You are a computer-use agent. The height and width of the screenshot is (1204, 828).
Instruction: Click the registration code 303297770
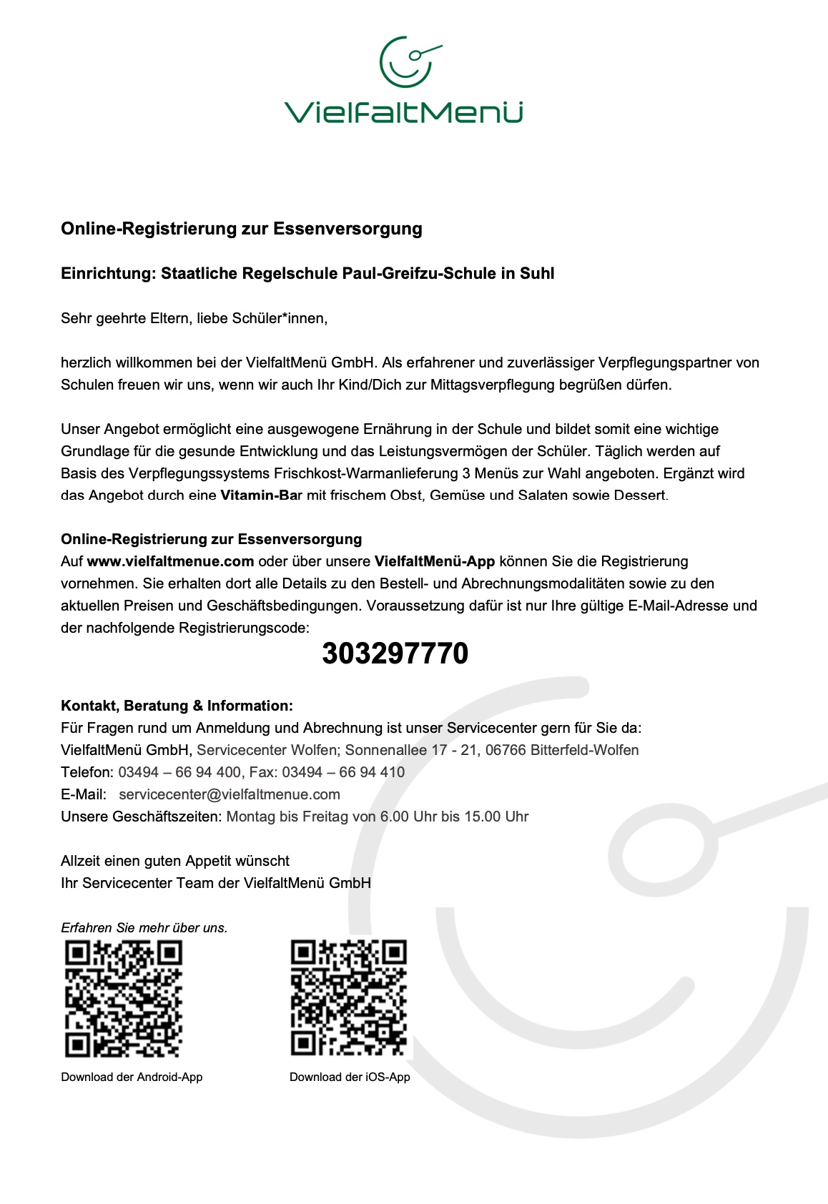395,653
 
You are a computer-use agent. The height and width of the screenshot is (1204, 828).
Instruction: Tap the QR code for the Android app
124,999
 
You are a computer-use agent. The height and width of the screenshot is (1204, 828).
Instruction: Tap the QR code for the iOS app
349,999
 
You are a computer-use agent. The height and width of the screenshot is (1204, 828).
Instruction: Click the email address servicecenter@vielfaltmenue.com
230,794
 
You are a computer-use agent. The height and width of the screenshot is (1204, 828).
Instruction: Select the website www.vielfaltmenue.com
170,561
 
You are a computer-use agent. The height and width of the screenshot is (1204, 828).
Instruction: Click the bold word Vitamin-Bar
262,495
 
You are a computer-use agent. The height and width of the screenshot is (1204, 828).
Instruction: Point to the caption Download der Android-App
132,1077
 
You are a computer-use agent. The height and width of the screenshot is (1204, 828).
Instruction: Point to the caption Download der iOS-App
350,1077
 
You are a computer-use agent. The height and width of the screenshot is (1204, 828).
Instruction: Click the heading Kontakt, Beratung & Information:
177,706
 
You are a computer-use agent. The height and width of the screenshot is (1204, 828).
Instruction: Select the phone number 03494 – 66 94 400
179,772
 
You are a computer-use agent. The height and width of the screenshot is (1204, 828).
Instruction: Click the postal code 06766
506,750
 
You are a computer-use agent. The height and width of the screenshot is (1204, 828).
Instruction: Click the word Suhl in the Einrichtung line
537,273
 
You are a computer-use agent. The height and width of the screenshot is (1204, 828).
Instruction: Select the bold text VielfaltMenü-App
435,561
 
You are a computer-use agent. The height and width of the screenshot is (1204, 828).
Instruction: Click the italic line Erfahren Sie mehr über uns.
144,928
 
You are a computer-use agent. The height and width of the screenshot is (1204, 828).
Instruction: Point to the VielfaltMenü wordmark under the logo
404,112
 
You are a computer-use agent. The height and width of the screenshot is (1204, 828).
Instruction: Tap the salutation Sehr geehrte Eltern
127,318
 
